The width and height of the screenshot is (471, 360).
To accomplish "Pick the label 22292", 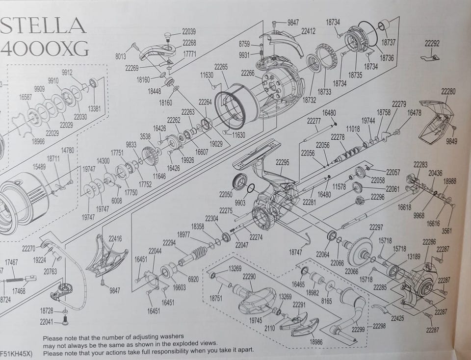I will pos(432,44).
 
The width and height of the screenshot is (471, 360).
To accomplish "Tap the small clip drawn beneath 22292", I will pos(430,57).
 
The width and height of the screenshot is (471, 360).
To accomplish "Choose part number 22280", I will pos(448,91).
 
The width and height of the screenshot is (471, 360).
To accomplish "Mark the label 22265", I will pos(221,66).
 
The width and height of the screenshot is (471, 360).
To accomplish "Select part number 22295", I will pos(282,162).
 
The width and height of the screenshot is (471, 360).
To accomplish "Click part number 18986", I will pos(316,341).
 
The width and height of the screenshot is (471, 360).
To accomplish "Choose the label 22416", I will pos(115,239).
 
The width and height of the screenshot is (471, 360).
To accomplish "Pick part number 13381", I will pos(94,108).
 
